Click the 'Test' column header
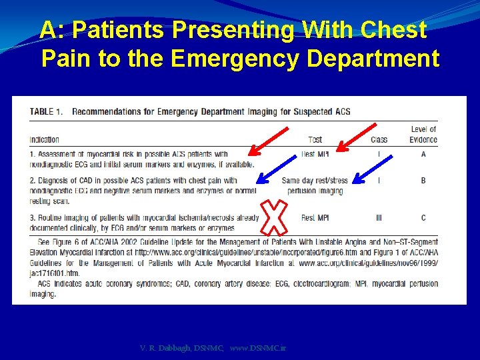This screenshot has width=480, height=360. [x=315, y=139]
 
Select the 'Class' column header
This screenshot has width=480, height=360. [x=379, y=139]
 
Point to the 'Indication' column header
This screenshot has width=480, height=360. [x=45, y=139]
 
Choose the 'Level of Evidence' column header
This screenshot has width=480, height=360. [x=423, y=134]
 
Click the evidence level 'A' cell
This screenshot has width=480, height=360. [x=423, y=154]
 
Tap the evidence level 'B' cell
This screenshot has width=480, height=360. [x=423, y=180]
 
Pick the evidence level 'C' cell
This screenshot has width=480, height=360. [x=423, y=217]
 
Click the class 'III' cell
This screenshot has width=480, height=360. [x=379, y=217]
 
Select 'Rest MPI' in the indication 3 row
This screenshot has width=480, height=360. [x=315, y=217]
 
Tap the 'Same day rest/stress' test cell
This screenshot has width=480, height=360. [x=315, y=181]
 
